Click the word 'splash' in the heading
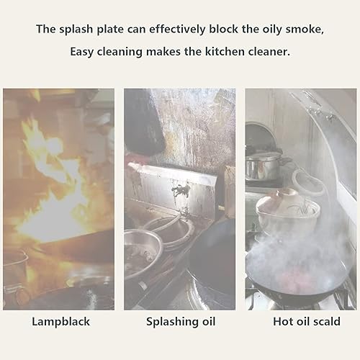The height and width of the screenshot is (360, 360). coord(76,30)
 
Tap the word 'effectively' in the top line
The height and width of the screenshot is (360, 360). coord(177,29)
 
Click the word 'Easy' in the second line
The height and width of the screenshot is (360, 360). coord(82,52)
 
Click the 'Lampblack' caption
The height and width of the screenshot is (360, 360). coord(61,322)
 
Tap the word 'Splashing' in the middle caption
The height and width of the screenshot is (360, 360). coord(171,322)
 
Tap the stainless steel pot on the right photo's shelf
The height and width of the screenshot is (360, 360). coord(264,166)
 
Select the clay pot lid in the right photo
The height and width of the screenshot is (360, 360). coord(287,199)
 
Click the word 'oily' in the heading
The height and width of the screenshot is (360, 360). coord(272,30)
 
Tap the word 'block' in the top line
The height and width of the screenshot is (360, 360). coord(224,29)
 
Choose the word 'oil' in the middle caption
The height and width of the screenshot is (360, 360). coord(208,321)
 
